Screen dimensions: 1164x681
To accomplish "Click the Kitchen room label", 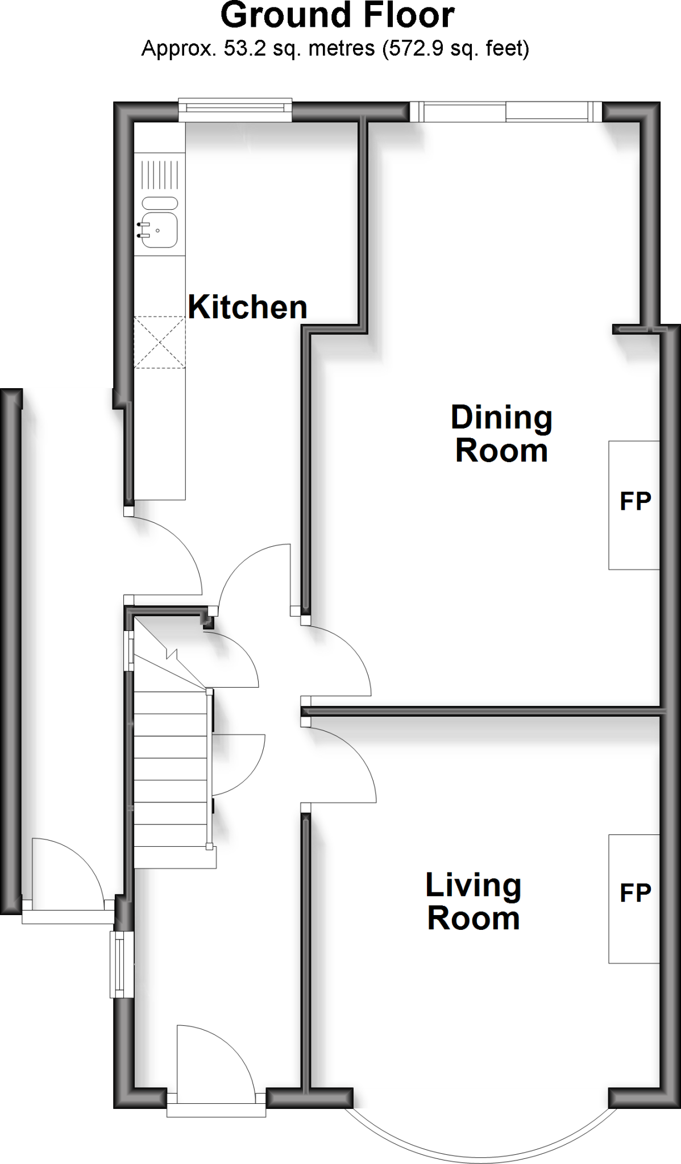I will [x=247, y=307].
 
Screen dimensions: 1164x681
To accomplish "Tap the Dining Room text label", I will [x=501, y=434].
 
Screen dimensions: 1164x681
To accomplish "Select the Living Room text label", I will [x=473, y=902].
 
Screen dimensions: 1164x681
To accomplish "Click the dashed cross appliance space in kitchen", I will [x=160, y=343].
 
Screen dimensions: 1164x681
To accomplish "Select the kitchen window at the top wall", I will [x=235, y=110].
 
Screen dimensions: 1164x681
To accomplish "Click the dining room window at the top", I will [x=505, y=112].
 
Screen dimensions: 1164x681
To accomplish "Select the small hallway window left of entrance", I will [x=119, y=964].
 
